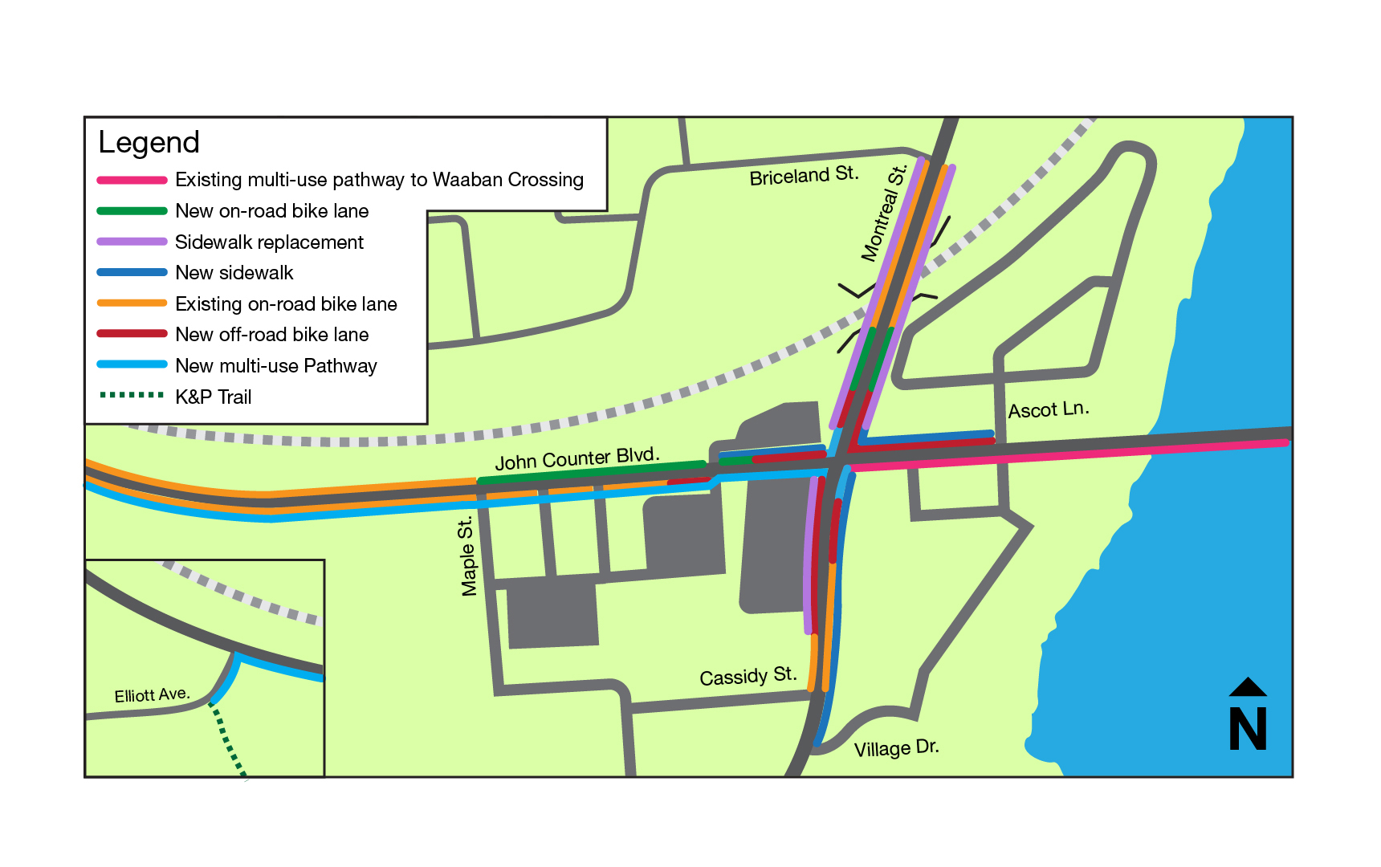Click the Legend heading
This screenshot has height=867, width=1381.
(x=149, y=142)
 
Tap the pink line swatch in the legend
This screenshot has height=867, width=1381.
(x=132, y=180)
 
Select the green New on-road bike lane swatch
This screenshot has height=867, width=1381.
(x=132, y=211)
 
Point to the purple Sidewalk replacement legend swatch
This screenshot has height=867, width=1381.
(x=132, y=242)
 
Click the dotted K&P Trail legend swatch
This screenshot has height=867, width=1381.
(x=132, y=395)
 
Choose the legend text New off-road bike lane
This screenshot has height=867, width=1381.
(x=272, y=335)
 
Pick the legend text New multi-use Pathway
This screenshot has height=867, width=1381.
(x=276, y=366)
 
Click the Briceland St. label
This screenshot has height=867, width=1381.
(x=804, y=176)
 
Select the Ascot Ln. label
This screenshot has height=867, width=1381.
(x=1049, y=409)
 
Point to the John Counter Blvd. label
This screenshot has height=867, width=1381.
(x=577, y=458)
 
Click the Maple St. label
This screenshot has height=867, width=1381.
(x=467, y=557)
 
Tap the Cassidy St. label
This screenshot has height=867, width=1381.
(x=748, y=676)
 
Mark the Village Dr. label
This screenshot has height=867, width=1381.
(x=896, y=748)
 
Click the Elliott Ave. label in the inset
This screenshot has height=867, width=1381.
(x=152, y=694)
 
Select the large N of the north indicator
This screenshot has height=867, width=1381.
(x=1248, y=729)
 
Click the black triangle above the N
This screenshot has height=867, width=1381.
(x=1248, y=687)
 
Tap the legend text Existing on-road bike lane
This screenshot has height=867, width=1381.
(x=286, y=304)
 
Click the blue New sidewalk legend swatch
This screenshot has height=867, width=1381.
(x=132, y=273)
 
